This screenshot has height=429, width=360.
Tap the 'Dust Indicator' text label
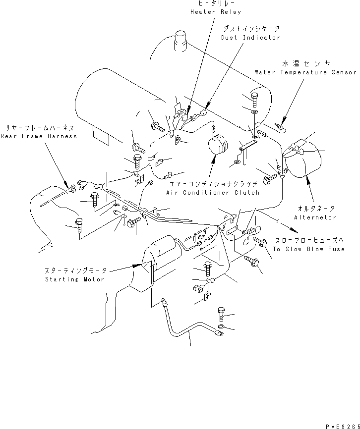[250, 38]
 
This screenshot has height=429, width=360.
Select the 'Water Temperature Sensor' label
[305, 72]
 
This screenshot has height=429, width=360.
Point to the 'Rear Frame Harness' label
[39, 136]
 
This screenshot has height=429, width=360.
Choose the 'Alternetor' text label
[315, 217]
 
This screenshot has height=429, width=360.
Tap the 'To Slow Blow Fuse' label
[308, 249]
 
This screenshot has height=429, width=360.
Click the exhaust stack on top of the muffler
[180, 40]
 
